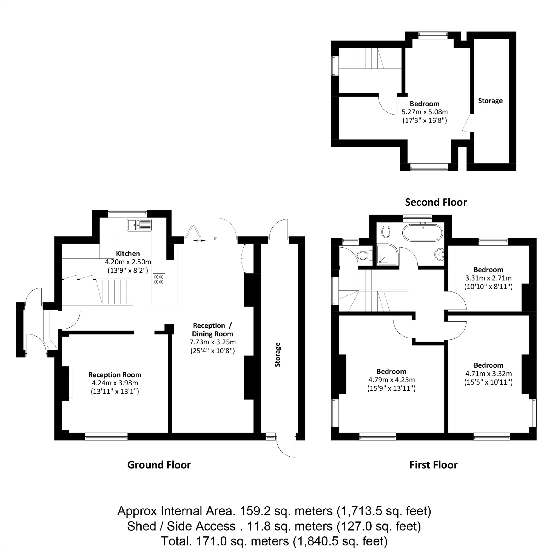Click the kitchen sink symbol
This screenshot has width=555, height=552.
click(139, 225)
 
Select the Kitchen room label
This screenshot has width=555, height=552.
click(128, 254)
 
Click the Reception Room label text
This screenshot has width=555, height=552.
click(115, 375)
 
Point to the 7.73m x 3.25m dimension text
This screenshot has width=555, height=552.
click(213, 342)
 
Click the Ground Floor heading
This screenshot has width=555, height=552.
click(159, 465)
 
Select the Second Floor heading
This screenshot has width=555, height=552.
click(436, 202)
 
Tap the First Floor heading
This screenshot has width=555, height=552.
click(433, 465)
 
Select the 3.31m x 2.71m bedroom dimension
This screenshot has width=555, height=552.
click(488, 278)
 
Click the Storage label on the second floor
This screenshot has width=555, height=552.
click(490, 101)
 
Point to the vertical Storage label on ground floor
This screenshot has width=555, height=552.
click(277, 355)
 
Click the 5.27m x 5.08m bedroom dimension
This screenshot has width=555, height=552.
click(425, 112)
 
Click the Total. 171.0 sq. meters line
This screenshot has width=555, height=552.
click(274, 541)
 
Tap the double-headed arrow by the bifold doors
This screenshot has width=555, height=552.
click(199, 241)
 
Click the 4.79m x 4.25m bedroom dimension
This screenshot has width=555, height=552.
click(392, 380)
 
